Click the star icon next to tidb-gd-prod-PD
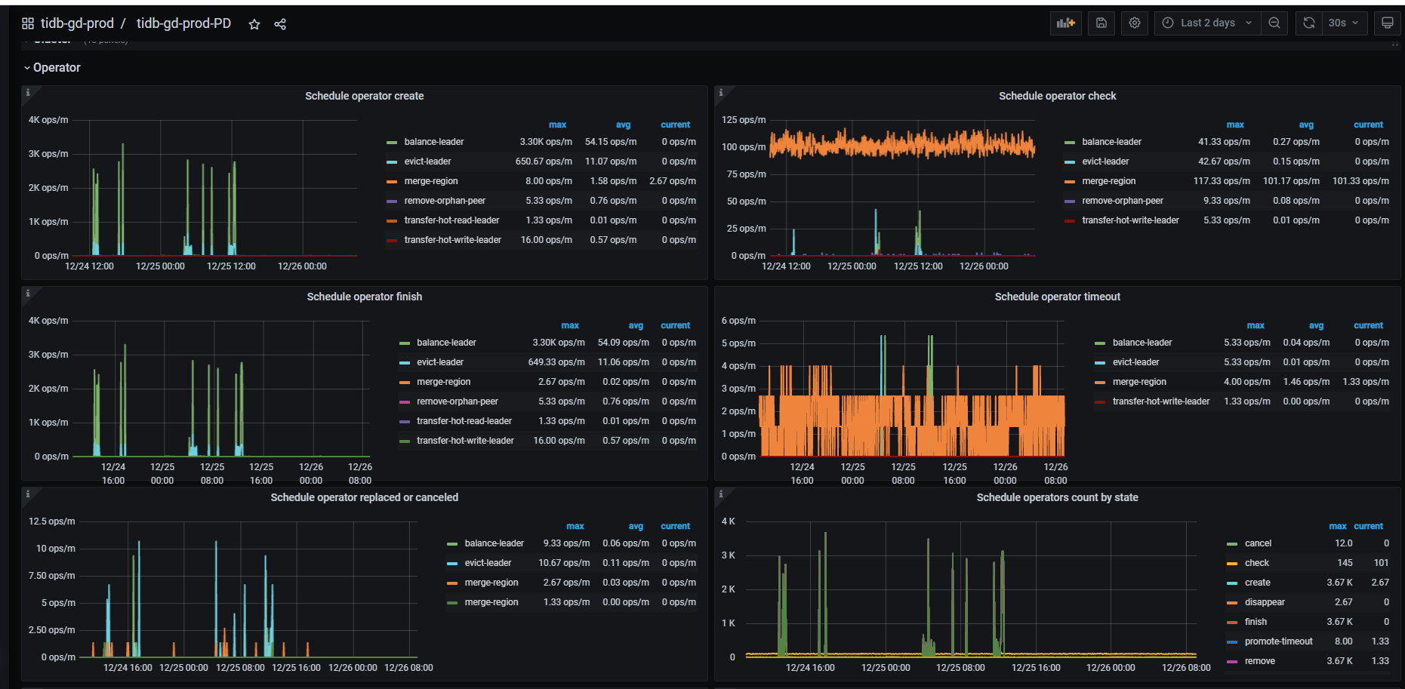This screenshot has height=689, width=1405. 254,24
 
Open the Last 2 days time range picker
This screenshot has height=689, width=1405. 1206,23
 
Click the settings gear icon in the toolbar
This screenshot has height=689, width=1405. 1135,23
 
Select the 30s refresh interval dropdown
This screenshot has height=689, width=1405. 1343,23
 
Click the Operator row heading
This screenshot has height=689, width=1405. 57,68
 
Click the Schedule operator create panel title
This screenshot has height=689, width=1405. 365,96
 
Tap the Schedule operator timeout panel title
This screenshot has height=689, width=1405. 1057,297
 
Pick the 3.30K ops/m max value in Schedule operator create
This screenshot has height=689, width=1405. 546,142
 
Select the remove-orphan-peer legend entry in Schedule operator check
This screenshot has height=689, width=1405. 1122,201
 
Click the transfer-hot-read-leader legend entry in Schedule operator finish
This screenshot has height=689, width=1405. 464,421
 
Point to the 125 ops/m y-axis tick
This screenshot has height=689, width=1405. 744,120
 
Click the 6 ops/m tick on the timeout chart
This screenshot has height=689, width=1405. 738,321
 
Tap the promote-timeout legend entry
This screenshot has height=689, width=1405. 1278,641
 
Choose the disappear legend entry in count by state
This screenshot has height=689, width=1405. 1265,602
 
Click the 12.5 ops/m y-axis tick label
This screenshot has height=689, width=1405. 52,521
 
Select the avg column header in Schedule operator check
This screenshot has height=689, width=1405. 1306,125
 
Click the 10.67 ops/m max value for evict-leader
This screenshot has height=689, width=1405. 564,563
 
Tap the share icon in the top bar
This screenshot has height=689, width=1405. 280,24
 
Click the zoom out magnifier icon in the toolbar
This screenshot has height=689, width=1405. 1274,23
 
